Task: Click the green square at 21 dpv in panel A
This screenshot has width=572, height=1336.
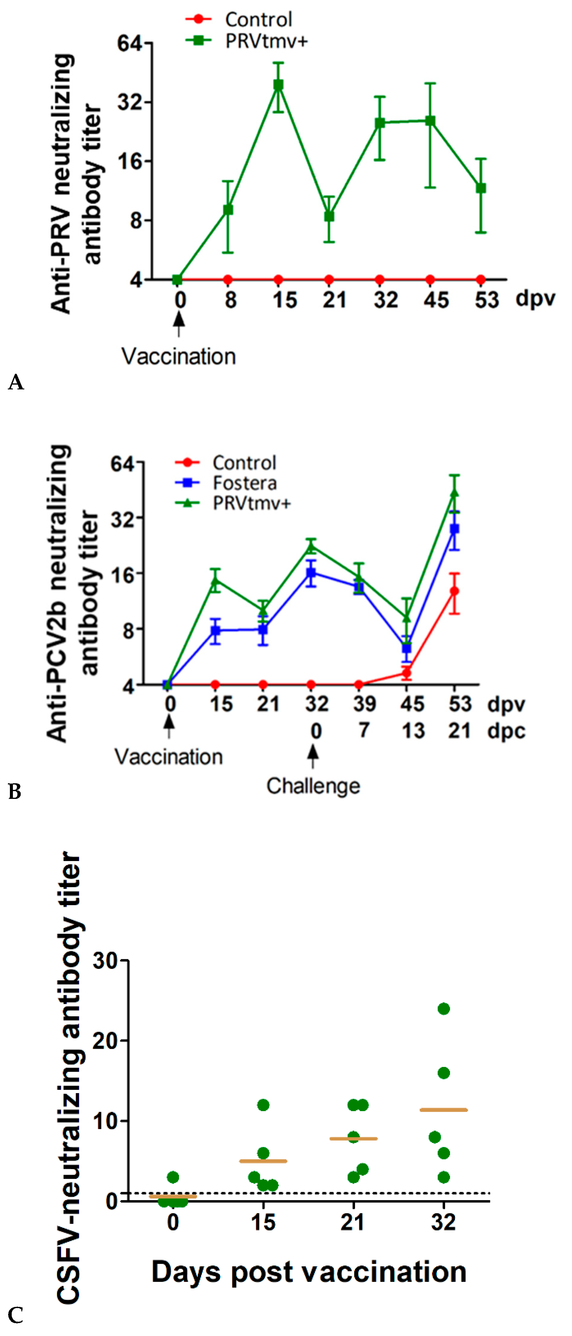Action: point(329,216)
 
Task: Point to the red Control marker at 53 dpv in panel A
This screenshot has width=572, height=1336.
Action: point(481,280)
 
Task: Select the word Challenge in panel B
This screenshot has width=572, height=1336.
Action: point(313,786)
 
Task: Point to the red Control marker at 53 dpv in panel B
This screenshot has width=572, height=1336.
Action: point(454,591)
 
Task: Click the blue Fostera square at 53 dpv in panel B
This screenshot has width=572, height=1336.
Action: point(454,529)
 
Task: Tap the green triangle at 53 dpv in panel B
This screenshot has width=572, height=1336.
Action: point(454,493)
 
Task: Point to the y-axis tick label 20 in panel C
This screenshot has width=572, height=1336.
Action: point(105,1040)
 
